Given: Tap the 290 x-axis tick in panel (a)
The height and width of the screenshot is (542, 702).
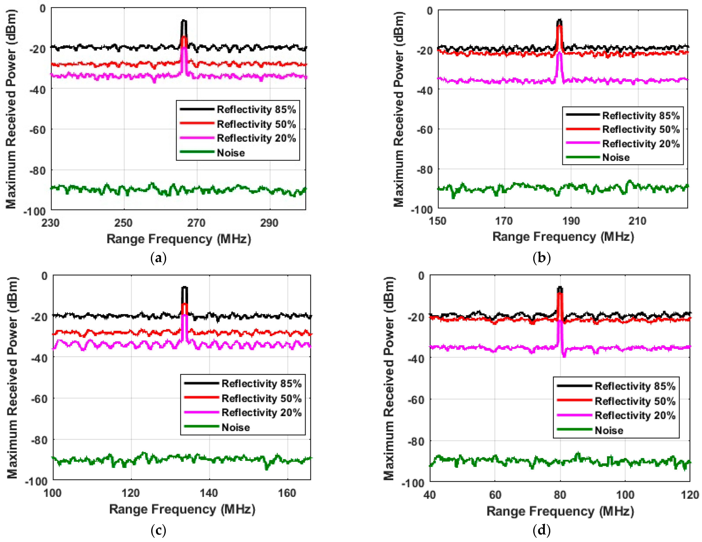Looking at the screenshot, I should tap(269, 223).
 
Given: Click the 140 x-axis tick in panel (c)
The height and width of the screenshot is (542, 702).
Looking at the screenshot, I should tap(209, 493).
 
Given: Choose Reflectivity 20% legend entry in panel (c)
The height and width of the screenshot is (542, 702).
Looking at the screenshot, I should tap(261, 413).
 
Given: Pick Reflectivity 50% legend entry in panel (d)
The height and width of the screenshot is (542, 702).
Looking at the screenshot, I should tap(635, 401).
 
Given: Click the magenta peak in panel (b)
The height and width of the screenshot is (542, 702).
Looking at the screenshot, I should tap(559, 53).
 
